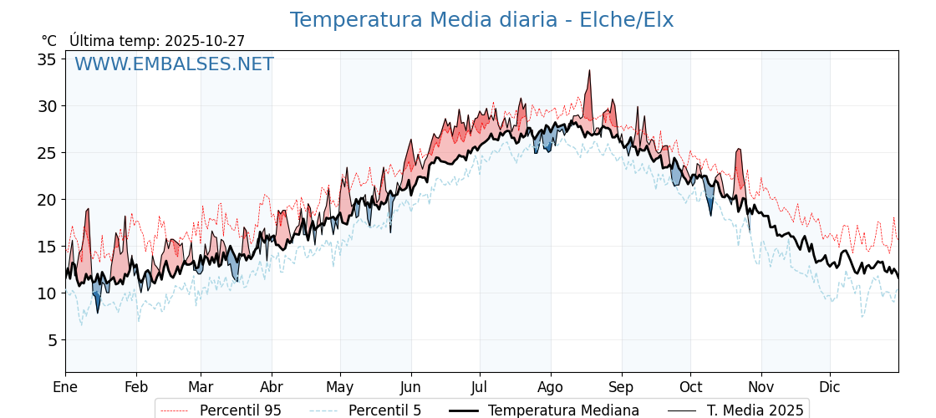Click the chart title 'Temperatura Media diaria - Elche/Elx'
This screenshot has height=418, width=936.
pos(481,20)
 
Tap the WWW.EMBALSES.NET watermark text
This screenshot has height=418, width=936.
pos(174,64)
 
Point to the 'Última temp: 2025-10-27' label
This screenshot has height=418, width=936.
pos(157,41)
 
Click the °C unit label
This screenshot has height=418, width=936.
pos(48,41)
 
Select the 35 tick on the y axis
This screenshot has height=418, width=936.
pos(46,59)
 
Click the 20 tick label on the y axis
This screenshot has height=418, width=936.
pos(46,200)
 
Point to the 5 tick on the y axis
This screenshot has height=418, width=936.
pos(51,340)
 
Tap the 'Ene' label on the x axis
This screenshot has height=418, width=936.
pos(65,387)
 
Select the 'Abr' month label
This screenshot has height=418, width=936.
pos(272,387)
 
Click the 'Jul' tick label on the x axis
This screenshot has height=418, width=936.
pos(480,387)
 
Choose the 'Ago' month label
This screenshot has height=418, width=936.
pos(551,387)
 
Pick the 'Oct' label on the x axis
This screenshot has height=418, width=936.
pos(690,387)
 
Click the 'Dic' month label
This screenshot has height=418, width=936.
pos(830,387)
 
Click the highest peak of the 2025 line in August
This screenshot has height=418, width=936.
pos(589,72)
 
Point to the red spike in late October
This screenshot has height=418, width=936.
pos(739,150)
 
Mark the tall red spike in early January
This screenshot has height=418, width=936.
pos(87,210)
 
